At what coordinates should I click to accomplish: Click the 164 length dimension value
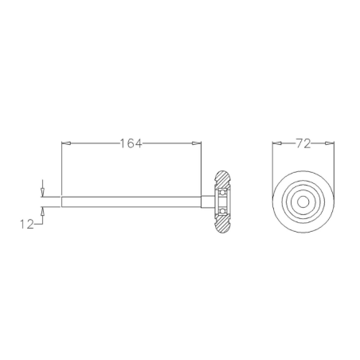(131, 144)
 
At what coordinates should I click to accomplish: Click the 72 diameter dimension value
(302, 144)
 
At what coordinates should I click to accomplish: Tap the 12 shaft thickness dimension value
(27, 225)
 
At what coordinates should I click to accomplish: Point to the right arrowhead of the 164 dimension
(195, 144)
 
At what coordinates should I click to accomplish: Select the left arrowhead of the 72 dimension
(278, 144)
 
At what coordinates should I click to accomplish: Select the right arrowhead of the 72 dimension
(327, 144)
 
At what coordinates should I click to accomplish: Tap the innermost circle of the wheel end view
(303, 202)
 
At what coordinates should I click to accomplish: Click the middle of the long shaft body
(131, 202)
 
